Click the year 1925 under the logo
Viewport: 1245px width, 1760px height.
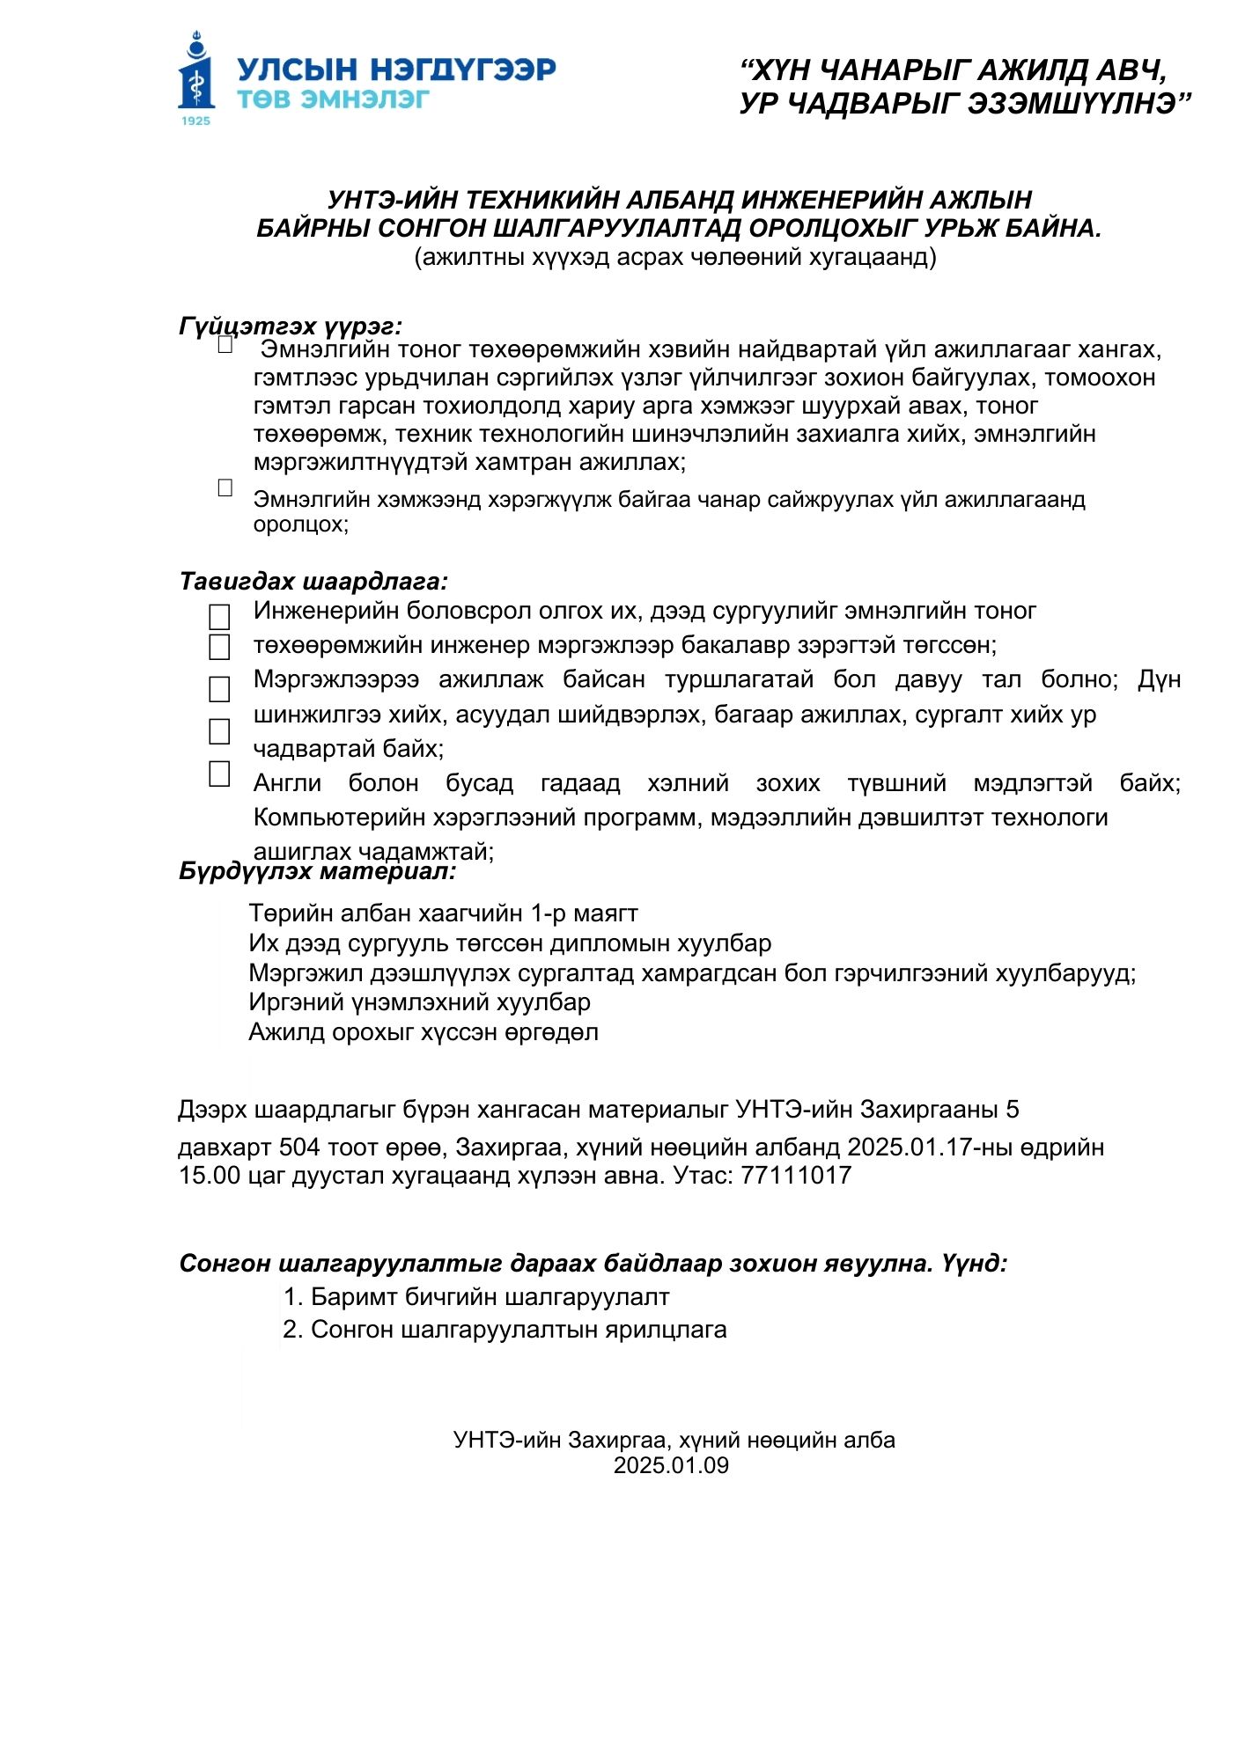[195, 121]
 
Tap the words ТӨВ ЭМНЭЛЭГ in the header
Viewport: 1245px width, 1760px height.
[333, 99]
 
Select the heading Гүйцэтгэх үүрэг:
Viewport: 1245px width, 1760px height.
[291, 326]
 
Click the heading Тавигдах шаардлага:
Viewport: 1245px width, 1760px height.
[313, 582]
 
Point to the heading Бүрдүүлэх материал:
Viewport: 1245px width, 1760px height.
[317, 871]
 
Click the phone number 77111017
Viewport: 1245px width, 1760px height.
[796, 1176]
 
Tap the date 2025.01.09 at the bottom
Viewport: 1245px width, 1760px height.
[671, 1465]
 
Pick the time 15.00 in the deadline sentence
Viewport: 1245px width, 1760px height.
[210, 1176]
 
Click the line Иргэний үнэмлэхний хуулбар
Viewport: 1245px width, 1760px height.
[419, 1002]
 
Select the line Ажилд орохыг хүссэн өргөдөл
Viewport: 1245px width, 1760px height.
[423, 1032]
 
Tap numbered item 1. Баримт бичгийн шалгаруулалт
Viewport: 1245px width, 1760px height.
[476, 1297]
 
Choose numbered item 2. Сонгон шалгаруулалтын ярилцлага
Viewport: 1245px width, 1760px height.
[505, 1330]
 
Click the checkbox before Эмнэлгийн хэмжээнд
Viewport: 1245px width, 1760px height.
[225, 488]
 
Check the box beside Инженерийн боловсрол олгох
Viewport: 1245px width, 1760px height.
[219, 617]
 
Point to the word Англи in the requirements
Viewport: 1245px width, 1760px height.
[287, 783]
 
